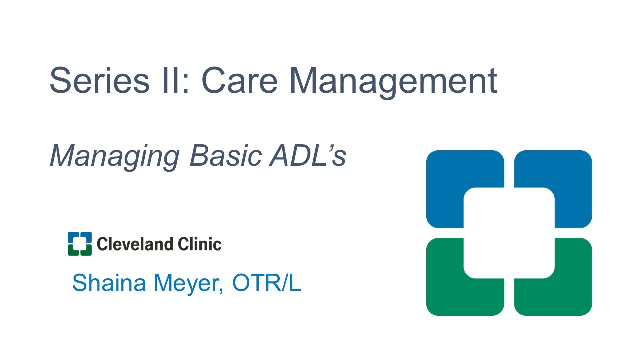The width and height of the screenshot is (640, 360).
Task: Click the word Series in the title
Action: [x=99, y=80]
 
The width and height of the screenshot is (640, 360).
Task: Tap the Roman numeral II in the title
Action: [x=171, y=80]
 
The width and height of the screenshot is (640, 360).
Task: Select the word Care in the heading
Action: [x=239, y=80]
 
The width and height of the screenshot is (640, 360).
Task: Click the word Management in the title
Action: [x=393, y=83]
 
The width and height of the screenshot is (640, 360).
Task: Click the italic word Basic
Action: [x=225, y=155]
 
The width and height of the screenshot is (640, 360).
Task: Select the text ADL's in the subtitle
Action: [x=308, y=155]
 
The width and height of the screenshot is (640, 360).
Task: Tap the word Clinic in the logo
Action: [x=199, y=244]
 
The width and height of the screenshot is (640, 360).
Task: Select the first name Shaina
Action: [x=109, y=283]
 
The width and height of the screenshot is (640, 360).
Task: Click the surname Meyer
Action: [x=187, y=285]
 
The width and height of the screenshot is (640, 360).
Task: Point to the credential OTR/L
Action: [x=267, y=283]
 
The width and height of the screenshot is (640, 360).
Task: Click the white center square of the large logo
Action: [x=509, y=233]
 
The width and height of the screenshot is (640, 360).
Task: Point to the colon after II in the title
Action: [x=186, y=83]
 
